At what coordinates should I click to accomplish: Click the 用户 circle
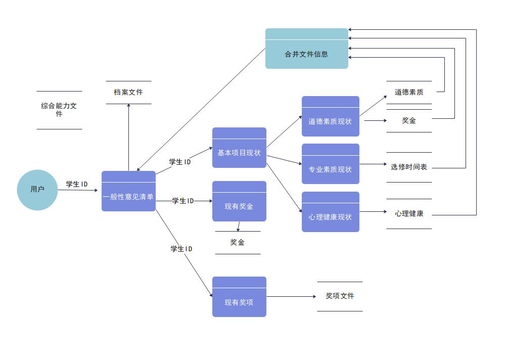37,190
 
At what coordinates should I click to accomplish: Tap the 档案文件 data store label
128,92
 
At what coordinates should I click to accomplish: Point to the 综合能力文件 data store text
59,110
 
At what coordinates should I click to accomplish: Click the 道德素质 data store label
409,92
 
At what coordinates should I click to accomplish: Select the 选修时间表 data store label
409,167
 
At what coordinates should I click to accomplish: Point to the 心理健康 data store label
409,213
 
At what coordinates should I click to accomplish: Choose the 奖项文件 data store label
340,296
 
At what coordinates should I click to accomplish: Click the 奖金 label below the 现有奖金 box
238,243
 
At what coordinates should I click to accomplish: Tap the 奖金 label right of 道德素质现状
409,120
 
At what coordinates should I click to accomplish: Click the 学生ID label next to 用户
77,184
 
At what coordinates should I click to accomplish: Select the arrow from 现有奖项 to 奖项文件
291,297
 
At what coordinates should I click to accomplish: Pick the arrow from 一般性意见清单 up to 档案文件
128,137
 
